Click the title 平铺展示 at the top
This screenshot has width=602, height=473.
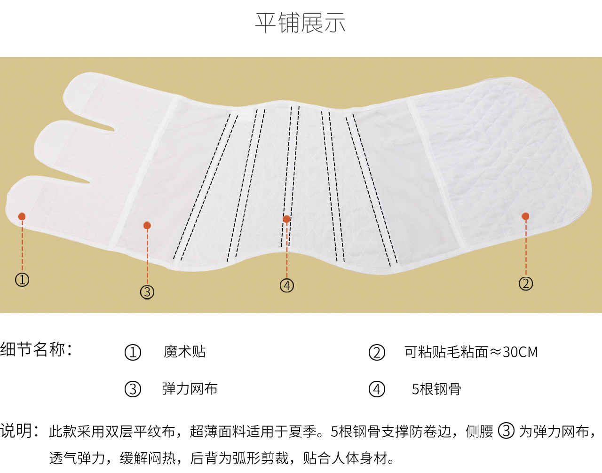(x=301, y=23)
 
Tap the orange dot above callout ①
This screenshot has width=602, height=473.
(x=22, y=216)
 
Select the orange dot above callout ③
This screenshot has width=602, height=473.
(x=147, y=225)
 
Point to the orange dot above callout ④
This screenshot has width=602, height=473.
(x=287, y=219)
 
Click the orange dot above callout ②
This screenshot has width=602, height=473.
(x=525, y=216)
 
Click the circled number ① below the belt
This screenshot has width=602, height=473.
(x=22, y=280)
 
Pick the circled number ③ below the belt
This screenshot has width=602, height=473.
(x=147, y=292)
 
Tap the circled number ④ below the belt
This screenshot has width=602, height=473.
(x=287, y=285)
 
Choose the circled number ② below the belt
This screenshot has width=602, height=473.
(x=526, y=284)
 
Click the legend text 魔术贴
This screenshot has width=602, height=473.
(x=184, y=352)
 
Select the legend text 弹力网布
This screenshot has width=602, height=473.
(x=190, y=389)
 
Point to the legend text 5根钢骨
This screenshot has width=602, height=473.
(x=436, y=389)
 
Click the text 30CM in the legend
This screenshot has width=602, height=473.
(x=520, y=352)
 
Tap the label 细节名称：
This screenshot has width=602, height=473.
(x=36, y=349)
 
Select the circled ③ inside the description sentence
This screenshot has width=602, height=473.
(x=507, y=431)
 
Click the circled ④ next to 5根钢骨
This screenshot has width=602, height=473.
(x=377, y=389)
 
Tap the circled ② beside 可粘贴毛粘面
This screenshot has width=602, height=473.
(x=377, y=353)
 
